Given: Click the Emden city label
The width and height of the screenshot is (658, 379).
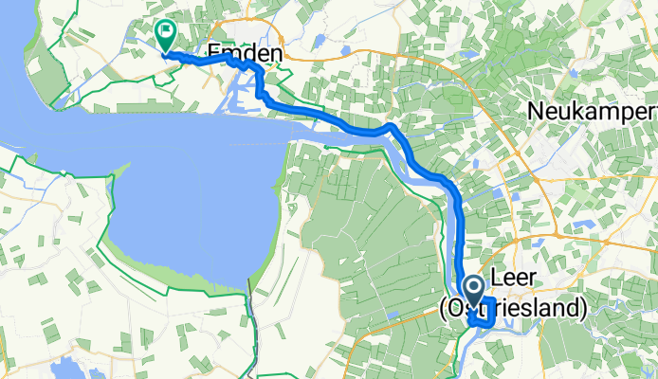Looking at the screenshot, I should tap(245, 56).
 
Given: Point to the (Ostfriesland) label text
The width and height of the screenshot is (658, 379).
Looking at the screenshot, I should tap(512, 308).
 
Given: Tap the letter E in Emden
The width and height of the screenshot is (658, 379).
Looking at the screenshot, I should tap(213, 56).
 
